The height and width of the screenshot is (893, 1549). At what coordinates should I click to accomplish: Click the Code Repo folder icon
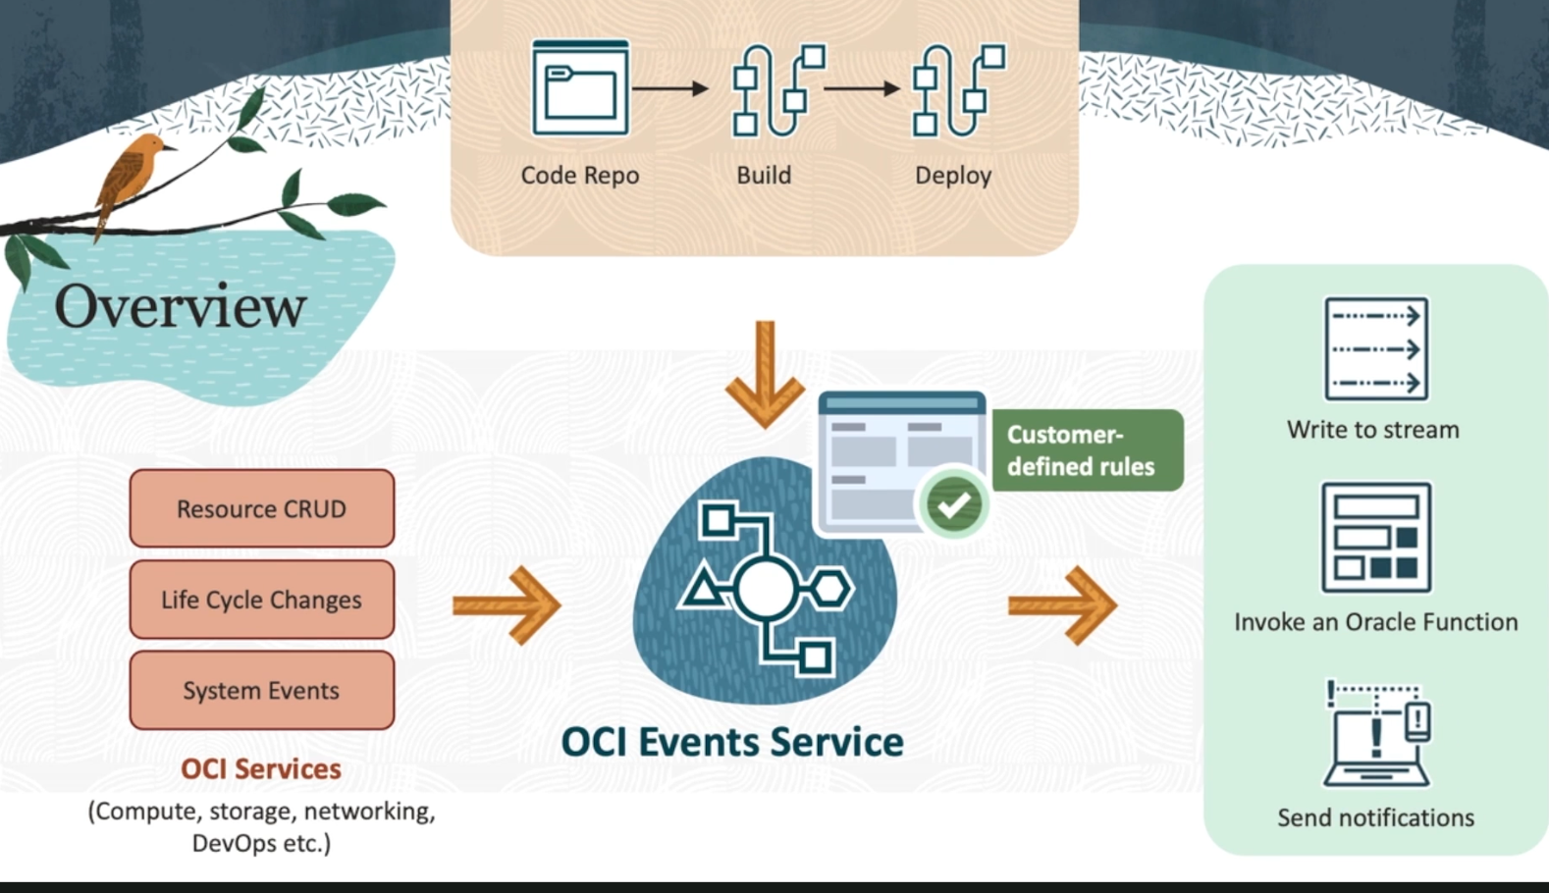pyautogui.click(x=579, y=88)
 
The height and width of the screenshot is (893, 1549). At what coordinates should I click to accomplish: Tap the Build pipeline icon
pyautogui.click(x=777, y=89)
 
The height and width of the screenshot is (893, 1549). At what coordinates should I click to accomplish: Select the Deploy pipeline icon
pyautogui.click(x=958, y=89)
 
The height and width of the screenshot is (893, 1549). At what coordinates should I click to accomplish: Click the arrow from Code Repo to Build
pyautogui.click(x=670, y=88)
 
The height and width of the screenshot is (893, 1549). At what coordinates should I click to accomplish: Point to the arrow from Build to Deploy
pyautogui.click(x=862, y=88)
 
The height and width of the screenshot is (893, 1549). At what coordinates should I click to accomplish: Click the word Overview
pyautogui.click(x=180, y=306)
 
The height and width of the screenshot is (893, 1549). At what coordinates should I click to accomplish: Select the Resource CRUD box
pyautogui.click(x=262, y=508)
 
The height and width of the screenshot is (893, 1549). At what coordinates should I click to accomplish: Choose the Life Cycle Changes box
pyautogui.click(x=262, y=600)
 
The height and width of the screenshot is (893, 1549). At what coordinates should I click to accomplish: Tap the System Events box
pyautogui.click(x=262, y=691)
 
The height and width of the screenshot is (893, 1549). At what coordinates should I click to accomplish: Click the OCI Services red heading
pyautogui.click(x=261, y=768)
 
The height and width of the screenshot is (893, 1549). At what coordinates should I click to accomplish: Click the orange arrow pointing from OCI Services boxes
pyautogui.click(x=507, y=605)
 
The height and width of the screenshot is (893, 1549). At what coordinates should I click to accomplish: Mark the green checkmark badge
pyautogui.click(x=952, y=504)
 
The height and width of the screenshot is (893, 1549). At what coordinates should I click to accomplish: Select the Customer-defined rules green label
pyautogui.click(x=1087, y=450)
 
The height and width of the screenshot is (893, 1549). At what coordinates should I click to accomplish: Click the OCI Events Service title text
pyautogui.click(x=732, y=742)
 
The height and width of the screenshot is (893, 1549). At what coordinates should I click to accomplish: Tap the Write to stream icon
pyautogui.click(x=1375, y=349)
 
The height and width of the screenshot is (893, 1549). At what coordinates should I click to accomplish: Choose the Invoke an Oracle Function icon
pyautogui.click(x=1375, y=537)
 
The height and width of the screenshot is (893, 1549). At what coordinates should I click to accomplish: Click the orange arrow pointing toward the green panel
pyautogui.click(x=1062, y=605)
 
